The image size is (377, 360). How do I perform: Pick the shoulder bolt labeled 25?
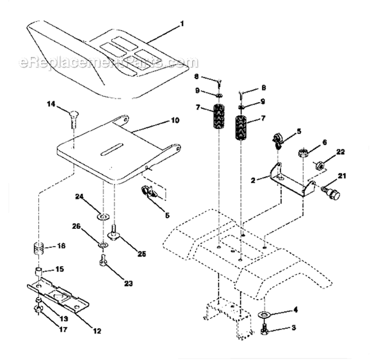[114, 234]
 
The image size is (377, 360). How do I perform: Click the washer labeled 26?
[103, 244]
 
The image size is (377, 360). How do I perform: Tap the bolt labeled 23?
[103, 262]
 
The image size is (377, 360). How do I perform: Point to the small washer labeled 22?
[318, 165]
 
